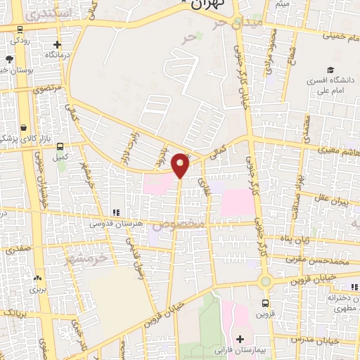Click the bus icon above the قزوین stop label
pyautogui.click(x=264, y=304)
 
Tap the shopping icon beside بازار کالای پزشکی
pyautogui.click(x=25, y=127)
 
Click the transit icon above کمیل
pyautogui.click(x=60, y=146)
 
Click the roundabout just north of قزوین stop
pyautogui.click(x=265, y=282)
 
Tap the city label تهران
pyautogui.click(x=205, y=4)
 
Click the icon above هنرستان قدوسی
pyautogui.click(x=115, y=212)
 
